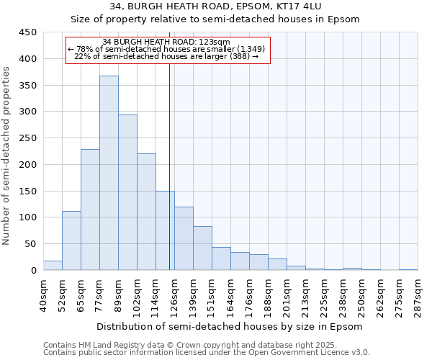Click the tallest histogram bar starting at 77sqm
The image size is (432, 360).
point(109,173)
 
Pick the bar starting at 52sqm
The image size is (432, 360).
point(71,240)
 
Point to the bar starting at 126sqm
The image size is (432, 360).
point(184,238)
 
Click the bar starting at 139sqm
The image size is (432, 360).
point(202,248)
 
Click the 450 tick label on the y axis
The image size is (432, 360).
point(27,32)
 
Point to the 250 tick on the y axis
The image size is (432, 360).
point(27,138)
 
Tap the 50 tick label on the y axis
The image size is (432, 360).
point(30,244)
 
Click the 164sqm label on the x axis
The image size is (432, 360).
point(231,295)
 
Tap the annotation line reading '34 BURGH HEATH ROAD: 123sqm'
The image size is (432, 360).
point(166,42)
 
